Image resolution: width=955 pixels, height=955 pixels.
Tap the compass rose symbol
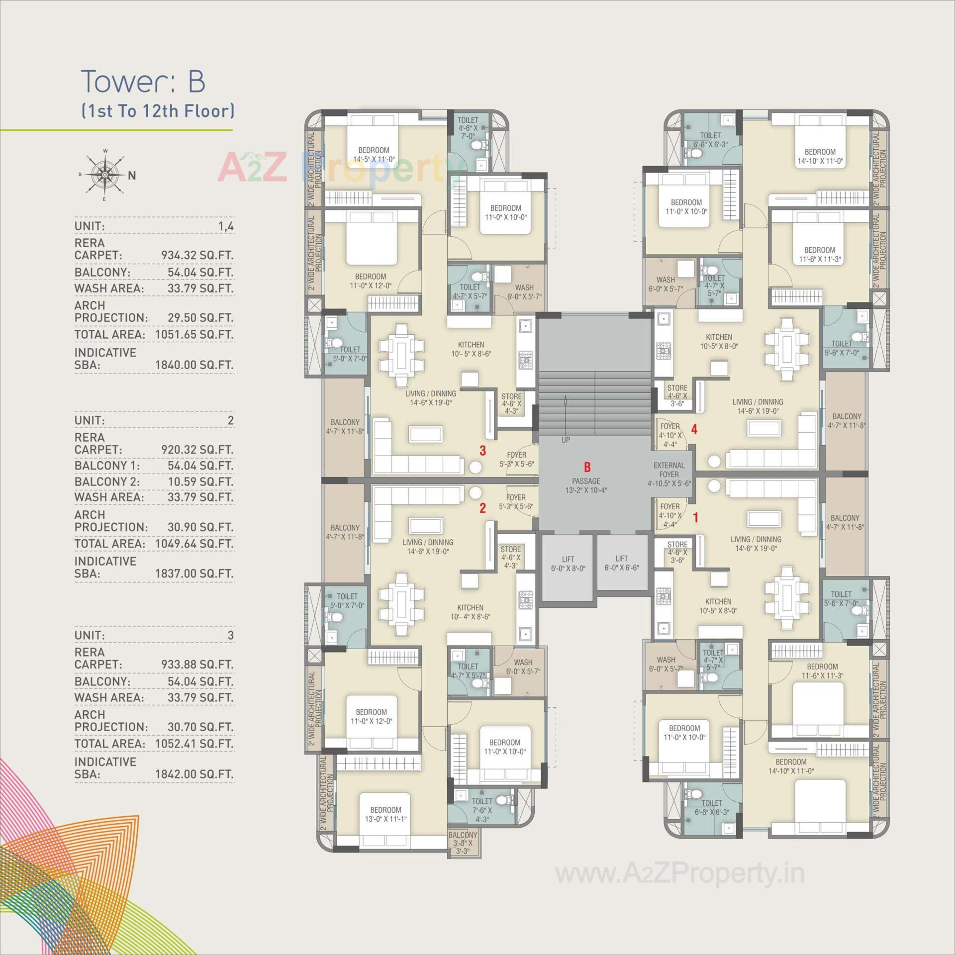[x=105, y=175]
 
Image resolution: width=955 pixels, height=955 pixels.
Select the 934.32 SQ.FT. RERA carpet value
[x=197, y=255]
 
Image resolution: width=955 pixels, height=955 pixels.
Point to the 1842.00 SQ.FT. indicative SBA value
[x=194, y=774]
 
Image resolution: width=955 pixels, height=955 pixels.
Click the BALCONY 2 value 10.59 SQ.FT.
[x=200, y=481]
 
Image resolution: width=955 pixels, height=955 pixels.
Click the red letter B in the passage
[x=587, y=467]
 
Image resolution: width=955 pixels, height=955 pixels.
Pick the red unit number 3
[x=482, y=451]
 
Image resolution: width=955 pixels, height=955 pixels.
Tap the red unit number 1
[x=695, y=518]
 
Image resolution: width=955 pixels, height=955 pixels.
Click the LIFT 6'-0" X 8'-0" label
[x=568, y=564]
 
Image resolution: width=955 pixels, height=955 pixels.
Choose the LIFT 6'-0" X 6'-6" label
[x=621, y=563]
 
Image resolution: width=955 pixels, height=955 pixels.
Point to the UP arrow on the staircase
[x=566, y=418]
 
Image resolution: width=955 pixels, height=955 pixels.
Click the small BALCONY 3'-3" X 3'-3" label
[x=463, y=843]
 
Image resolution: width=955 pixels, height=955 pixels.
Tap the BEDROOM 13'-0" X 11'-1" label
[x=385, y=814]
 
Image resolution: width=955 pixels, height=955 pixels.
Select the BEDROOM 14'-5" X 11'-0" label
[x=374, y=155]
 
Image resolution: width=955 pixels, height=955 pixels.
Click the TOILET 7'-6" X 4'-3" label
[x=482, y=810]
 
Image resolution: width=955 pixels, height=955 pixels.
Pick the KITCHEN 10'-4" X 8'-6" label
[x=470, y=612]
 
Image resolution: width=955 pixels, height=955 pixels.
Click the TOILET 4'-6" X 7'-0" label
[x=468, y=128]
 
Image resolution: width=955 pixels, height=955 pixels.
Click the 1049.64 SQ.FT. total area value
[x=194, y=544]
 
